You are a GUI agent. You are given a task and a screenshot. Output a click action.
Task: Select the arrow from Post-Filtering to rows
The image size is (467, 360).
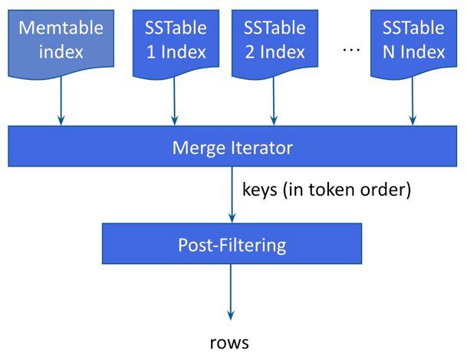click(x=231, y=292)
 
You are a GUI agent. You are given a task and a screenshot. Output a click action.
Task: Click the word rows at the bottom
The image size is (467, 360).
click(x=229, y=342)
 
